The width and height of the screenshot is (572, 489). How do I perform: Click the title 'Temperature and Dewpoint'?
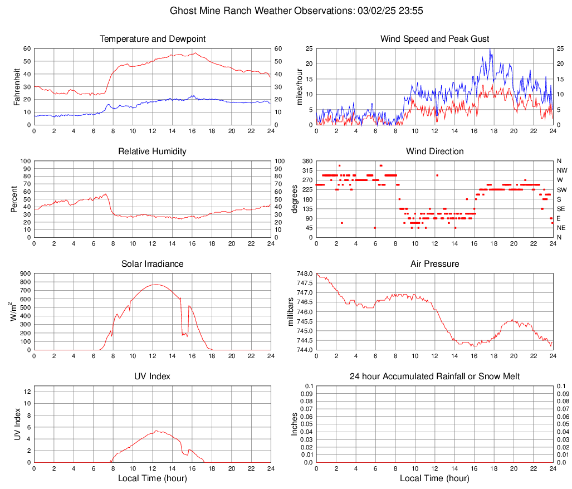(x=152, y=39)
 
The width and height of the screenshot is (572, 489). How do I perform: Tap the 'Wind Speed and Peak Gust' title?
(x=434, y=39)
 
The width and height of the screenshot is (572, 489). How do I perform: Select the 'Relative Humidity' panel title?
(x=152, y=151)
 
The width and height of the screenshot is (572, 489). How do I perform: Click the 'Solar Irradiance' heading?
(x=152, y=264)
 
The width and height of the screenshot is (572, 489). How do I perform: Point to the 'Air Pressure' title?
(x=434, y=264)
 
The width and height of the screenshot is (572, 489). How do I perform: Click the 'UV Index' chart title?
(x=152, y=376)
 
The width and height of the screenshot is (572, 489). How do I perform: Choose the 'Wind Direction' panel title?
(x=434, y=151)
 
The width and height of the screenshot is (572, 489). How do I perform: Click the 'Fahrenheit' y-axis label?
(x=16, y=86)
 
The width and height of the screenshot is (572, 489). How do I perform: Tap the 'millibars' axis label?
(x=290, y=311)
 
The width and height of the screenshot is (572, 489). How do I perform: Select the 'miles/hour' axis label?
(x=299, y=86)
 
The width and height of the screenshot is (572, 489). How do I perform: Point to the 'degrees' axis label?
(x=294, y=199)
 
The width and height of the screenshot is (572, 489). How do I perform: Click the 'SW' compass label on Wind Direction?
(x=562, y=190)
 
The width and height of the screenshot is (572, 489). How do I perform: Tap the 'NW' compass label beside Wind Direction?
(x=562, y=170)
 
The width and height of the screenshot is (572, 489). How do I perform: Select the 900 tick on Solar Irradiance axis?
(x=25, y=273)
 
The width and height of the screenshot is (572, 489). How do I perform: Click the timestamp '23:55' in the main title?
(x=416, y=11)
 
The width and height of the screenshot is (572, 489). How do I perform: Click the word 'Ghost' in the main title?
(x=183, y=11)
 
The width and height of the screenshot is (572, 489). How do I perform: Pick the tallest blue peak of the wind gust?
(x=490, y=49)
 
